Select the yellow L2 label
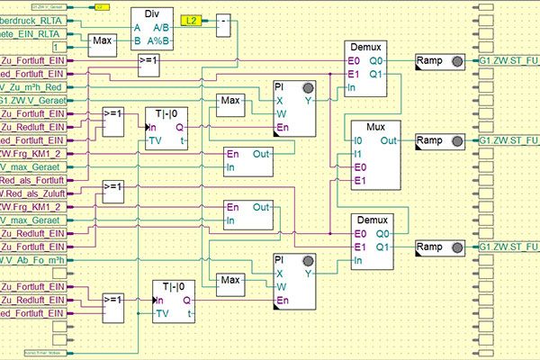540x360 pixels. [193, 19]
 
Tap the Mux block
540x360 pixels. [376, 155]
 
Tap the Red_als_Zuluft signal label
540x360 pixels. [33, 193]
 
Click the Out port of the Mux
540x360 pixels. [389, 141]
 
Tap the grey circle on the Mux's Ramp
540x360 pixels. [459, 141]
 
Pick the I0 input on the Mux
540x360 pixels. [359, 141]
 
